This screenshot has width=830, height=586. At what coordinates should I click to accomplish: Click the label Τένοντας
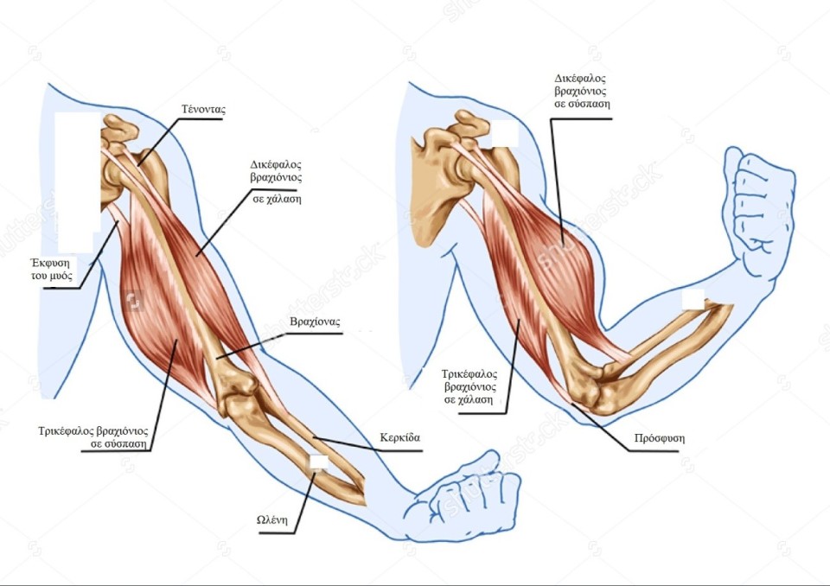pyautogui.click(x=203, y=110)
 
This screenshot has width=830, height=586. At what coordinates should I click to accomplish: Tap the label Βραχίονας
pyautogui.click(x=315, y=322)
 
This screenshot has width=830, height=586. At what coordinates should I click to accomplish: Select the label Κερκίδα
pyautogui.click(x=399, y=437)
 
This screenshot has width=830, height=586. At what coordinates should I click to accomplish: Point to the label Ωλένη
pyautogui.click(x=272, y=519)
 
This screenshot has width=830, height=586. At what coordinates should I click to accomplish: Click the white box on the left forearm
pyautogui.click(x=319, y=462)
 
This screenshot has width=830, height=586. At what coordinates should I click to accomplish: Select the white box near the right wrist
pyautogui.click(x=693, y=299)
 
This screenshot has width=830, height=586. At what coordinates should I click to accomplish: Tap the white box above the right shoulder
pyautogui.click(x=504, y=133)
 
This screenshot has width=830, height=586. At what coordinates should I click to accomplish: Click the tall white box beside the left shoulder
pyautogui.click(x=77, y=182)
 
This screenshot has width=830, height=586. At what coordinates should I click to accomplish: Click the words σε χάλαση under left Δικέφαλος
pyautogui.click(x=277, y=199)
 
